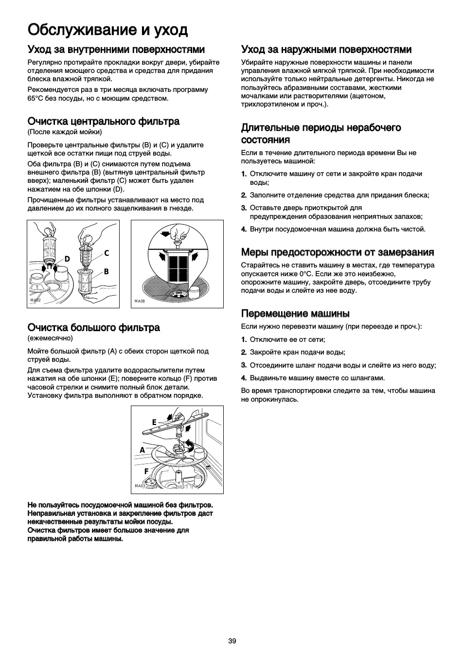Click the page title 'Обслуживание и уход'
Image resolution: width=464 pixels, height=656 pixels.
tap(107, 30)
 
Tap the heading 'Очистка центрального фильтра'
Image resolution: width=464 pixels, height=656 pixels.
tap(104, 121)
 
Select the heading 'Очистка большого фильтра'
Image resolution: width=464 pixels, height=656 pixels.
tap(93, 327)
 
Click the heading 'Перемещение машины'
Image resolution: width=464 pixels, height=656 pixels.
tap(296, 313)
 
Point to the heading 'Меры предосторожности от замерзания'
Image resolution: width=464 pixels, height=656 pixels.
tap(338, 252)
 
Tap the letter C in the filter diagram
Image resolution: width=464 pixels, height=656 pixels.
tap(107, 253)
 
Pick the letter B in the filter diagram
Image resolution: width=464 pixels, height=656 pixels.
tap(106, 272)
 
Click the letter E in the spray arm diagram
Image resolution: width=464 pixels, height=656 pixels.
tap(154, 422)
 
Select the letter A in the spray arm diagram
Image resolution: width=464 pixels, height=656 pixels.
tap(142, 450)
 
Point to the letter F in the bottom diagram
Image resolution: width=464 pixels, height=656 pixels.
tap(145, 471)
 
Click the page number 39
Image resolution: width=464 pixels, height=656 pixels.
tap(232, 641)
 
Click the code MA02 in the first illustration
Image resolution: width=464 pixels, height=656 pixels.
tap(35, 300)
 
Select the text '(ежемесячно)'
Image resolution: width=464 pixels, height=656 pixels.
tap(50, 338)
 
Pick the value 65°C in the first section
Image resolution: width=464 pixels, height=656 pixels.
tap(36, 98)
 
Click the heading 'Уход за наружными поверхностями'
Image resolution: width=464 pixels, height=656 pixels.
tap(326, 50)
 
